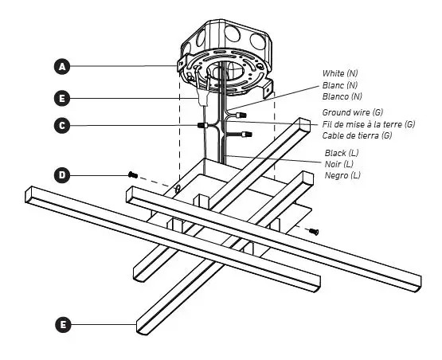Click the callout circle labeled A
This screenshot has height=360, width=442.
coord(63,65)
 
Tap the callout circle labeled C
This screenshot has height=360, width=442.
coord(63,125)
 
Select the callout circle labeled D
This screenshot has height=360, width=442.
coord(63,174)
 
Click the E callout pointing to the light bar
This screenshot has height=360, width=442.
coord(63,324)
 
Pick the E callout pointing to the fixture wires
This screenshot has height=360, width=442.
coord(63,98)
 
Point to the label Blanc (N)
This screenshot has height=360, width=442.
coord(339,84)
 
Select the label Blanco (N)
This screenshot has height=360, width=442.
coord(342,96)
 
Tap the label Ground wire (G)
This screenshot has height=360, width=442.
coord(351,113)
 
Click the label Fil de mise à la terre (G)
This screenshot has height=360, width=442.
coord(368,124)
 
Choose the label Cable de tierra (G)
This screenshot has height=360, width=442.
coord(357,135)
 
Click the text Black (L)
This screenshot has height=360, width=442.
coord(341,152)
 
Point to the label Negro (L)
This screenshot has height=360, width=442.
coord(342,174)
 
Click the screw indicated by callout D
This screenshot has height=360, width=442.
coord(132,174)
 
